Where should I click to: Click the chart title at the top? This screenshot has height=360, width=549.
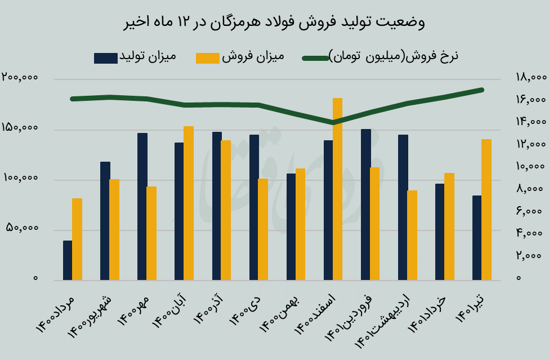(x=274, y=23)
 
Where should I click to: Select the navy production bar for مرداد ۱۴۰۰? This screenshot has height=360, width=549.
(x=68, y=260)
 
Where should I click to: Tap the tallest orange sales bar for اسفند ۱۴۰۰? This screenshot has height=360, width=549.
(x=337, y=189)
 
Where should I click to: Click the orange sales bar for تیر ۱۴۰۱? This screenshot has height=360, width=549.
(x=486, y=210)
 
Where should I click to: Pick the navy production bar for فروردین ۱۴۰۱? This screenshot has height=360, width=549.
(x=365, y=205)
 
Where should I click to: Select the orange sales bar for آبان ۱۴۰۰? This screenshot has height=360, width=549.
(x=189, y=203)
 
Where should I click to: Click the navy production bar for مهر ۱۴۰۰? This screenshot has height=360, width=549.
(x=142, y=207)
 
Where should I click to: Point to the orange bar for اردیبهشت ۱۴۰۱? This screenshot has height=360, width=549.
(x=412, y=235)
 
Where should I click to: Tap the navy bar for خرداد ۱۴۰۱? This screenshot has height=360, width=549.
(x=440, y=232)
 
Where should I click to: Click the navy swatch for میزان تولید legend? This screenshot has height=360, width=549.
(x=105, y=57)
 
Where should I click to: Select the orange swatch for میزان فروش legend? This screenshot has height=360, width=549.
(x=207, y=57)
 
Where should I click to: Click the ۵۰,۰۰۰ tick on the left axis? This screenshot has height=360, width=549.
(x=22, y=229)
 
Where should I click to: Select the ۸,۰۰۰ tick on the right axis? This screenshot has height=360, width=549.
(x=530, y=189)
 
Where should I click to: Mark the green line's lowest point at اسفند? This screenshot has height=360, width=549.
(x=333, y=122)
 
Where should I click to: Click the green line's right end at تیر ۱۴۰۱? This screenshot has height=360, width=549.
(x=482, y=90)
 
